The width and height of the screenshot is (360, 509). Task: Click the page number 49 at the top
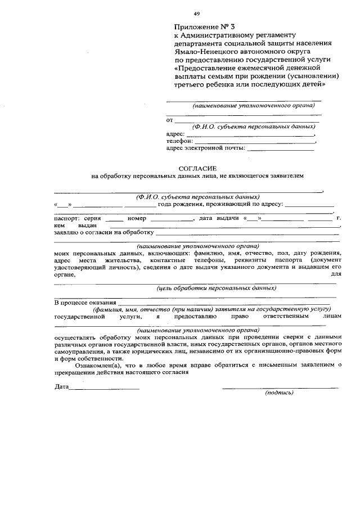196,13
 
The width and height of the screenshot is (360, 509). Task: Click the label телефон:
178,141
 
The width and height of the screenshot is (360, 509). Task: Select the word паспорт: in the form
67,218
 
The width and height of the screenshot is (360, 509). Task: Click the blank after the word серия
114,219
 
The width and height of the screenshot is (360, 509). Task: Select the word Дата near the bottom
61,387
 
